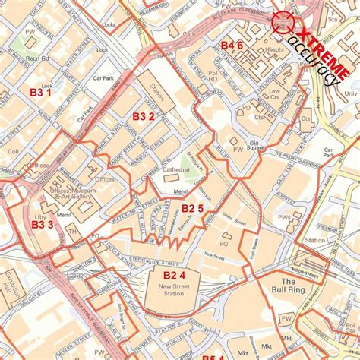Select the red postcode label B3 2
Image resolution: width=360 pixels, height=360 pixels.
pyautogui.click(x=144, y=116)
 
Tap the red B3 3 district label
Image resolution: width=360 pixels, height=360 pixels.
pyautogui.click(x=43, y=224)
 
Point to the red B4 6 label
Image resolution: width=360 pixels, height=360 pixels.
pyautogui.click(x=232, y=46)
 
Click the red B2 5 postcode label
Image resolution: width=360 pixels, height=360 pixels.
pyautogui.click(x=191, y=209)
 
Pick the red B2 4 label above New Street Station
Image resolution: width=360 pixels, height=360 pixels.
pyautogui.click(x=174, y=274)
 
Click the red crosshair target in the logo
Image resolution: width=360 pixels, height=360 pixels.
pyautogui.click(x=285, y=22)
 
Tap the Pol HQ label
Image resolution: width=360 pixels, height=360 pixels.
pyautogui.click(x=213, y=77)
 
